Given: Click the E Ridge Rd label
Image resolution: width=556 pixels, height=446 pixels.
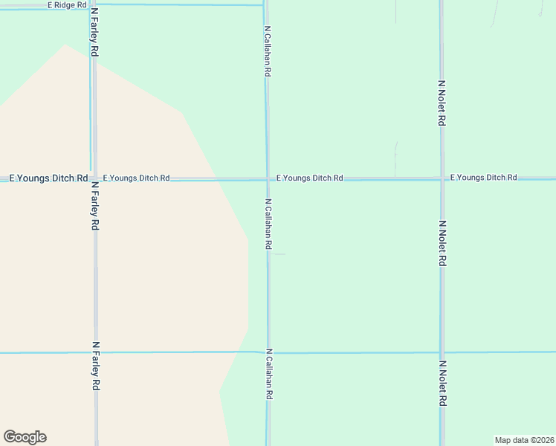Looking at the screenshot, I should (67, 5).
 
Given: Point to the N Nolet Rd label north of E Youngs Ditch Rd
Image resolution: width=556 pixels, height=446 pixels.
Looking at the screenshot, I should (442, 103).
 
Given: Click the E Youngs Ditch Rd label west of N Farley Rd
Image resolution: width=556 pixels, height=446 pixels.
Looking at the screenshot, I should (44, 178).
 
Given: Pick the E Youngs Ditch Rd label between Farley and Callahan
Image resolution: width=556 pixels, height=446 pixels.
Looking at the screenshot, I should (137, 178).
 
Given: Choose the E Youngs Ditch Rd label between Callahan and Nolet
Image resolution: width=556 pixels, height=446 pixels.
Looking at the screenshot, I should (309, 178).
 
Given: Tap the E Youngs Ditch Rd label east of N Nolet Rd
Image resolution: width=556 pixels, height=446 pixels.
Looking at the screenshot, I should (483, 178).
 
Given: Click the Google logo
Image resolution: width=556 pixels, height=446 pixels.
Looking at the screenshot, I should (25, 437).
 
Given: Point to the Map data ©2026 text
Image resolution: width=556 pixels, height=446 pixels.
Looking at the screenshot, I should (524, 440).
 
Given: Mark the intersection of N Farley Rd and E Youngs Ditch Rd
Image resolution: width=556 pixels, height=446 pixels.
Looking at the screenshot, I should (94, 179).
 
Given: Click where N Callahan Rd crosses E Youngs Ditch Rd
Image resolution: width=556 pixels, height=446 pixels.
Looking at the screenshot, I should (268, 179).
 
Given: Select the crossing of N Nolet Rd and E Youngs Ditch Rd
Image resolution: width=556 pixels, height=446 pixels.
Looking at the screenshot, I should (442, 178).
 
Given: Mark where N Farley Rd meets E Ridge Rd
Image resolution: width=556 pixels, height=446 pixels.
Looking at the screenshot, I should (91, 4).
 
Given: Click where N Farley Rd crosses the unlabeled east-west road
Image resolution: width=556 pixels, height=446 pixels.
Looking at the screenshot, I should (95, 353).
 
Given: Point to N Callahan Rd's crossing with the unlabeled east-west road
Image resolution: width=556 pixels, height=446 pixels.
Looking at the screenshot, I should (268, 352).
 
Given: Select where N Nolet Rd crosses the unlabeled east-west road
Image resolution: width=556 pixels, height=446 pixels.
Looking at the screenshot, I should (442, 352).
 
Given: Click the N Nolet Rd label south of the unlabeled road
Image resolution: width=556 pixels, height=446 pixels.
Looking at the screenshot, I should (442, 384).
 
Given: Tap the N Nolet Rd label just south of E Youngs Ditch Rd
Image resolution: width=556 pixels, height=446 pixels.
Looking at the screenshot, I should (442, 244).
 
